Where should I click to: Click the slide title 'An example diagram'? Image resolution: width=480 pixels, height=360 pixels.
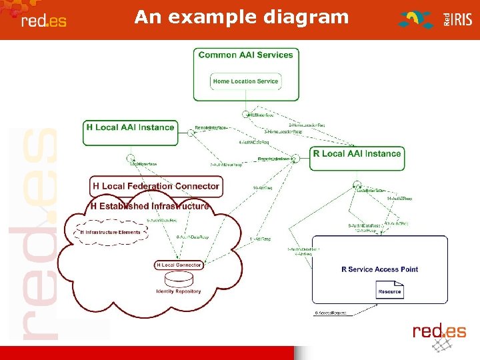click(x=241, y=17)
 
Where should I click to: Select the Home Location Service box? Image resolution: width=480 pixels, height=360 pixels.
click(x=245, y=81)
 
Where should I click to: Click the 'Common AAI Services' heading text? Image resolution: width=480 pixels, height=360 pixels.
click(x=245, y=55)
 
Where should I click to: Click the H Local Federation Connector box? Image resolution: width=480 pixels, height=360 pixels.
click(x=156, y=186)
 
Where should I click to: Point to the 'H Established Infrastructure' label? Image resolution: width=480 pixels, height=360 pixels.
click(x=150, y=206)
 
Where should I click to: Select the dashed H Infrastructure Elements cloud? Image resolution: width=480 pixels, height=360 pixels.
click(x=111, y=233)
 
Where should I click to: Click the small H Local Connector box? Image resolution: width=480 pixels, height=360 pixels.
click(x=178, y=265)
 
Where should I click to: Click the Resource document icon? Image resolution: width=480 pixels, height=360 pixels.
click(x=389, y=290)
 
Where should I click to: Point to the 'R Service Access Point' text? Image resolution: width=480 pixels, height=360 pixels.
click(x=379, y=269)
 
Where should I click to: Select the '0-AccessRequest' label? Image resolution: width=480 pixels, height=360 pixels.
click(x=331, y=313)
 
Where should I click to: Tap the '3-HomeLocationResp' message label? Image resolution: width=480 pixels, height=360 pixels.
click(x=283, y=132)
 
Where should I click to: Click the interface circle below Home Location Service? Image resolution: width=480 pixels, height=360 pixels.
click(x=245, y=114)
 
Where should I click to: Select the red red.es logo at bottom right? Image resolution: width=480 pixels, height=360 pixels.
click(x=439, y=331)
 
